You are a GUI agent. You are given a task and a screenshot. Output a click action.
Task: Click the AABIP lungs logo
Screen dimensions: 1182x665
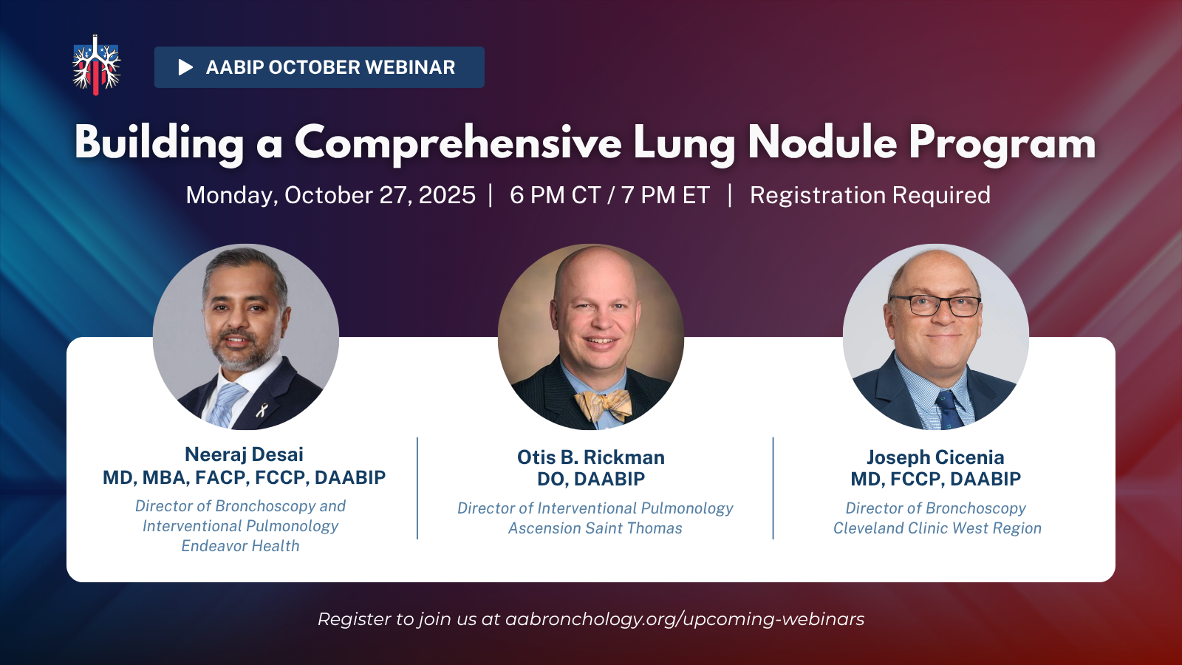pyautogui.click(x=96, y=65)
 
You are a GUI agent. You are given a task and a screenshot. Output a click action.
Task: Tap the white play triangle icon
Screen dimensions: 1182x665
pyautogui.click(x=185, y=67)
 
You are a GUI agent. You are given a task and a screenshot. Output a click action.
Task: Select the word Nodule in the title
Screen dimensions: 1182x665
pyautogui.click(x=822, y=143)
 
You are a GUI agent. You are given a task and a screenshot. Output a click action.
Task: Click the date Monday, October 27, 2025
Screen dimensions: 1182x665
pyautogui.click(x=331, y=195)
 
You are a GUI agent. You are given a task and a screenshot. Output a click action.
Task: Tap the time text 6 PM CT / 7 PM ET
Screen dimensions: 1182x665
pyautogui.click(x=609, y=195)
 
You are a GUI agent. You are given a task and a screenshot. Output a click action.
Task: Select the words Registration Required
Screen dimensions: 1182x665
pyautogui.click(x=870, y=195)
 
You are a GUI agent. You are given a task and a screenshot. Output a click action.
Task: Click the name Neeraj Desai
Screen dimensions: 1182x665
pyautogui.click(x=244, y=454)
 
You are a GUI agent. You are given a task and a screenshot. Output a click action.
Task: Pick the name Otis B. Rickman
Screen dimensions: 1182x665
pyautogui.click(x=591, y=457)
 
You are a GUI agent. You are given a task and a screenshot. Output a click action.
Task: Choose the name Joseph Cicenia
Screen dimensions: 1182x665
pyautogui.click(x=935, y=457)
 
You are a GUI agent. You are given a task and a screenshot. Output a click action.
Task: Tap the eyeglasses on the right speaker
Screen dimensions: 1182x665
pyautogui.click(x=935, y=305)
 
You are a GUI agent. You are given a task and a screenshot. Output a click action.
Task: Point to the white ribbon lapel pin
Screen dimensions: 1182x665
pyautogui.click(x=262, y=409)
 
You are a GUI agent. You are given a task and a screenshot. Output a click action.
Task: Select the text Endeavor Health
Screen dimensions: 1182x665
pyautogui.click(x=240, y=546)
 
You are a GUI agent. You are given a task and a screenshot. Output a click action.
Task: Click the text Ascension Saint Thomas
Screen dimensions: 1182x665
pyautogui.click(x=595, y=528)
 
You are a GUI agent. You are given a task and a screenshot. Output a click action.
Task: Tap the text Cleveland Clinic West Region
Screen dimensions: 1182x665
pyautogui.click(x=937, y=528)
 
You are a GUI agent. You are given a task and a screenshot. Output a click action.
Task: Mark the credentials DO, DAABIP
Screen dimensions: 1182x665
pyautogui.click(x=591, y=480)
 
